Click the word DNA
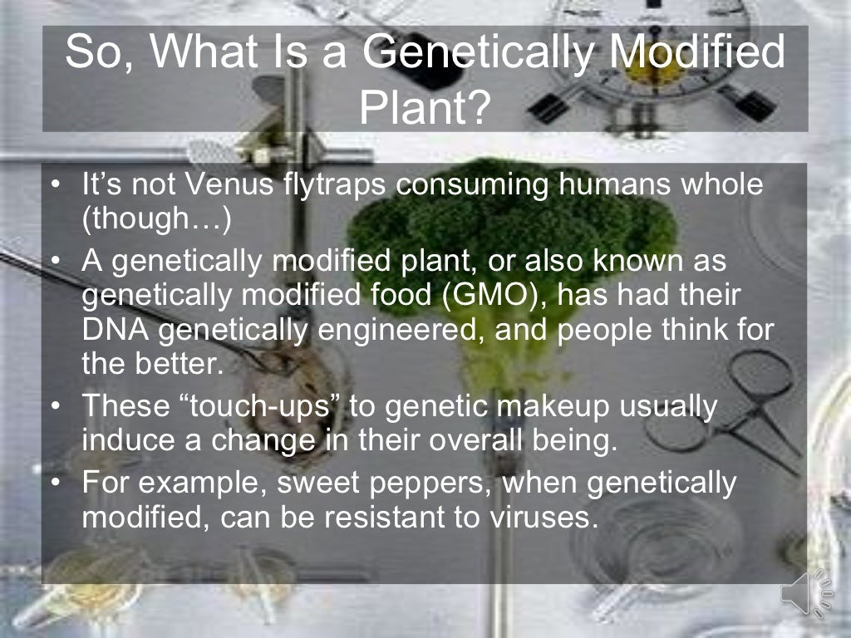coord(115,331)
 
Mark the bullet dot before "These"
coord(55,407)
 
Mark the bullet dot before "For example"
coord(55,483)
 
